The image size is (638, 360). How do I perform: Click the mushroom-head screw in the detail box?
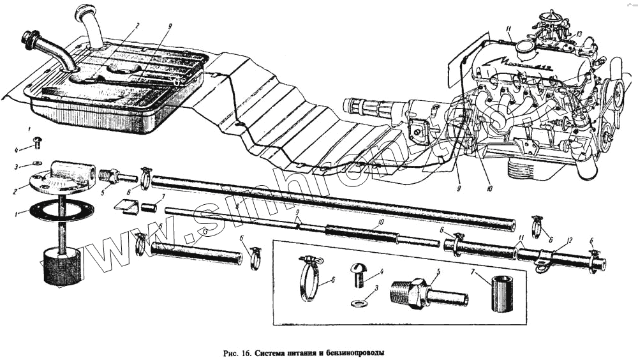[358, 273]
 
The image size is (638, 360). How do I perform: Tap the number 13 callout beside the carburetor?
[579, 34]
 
